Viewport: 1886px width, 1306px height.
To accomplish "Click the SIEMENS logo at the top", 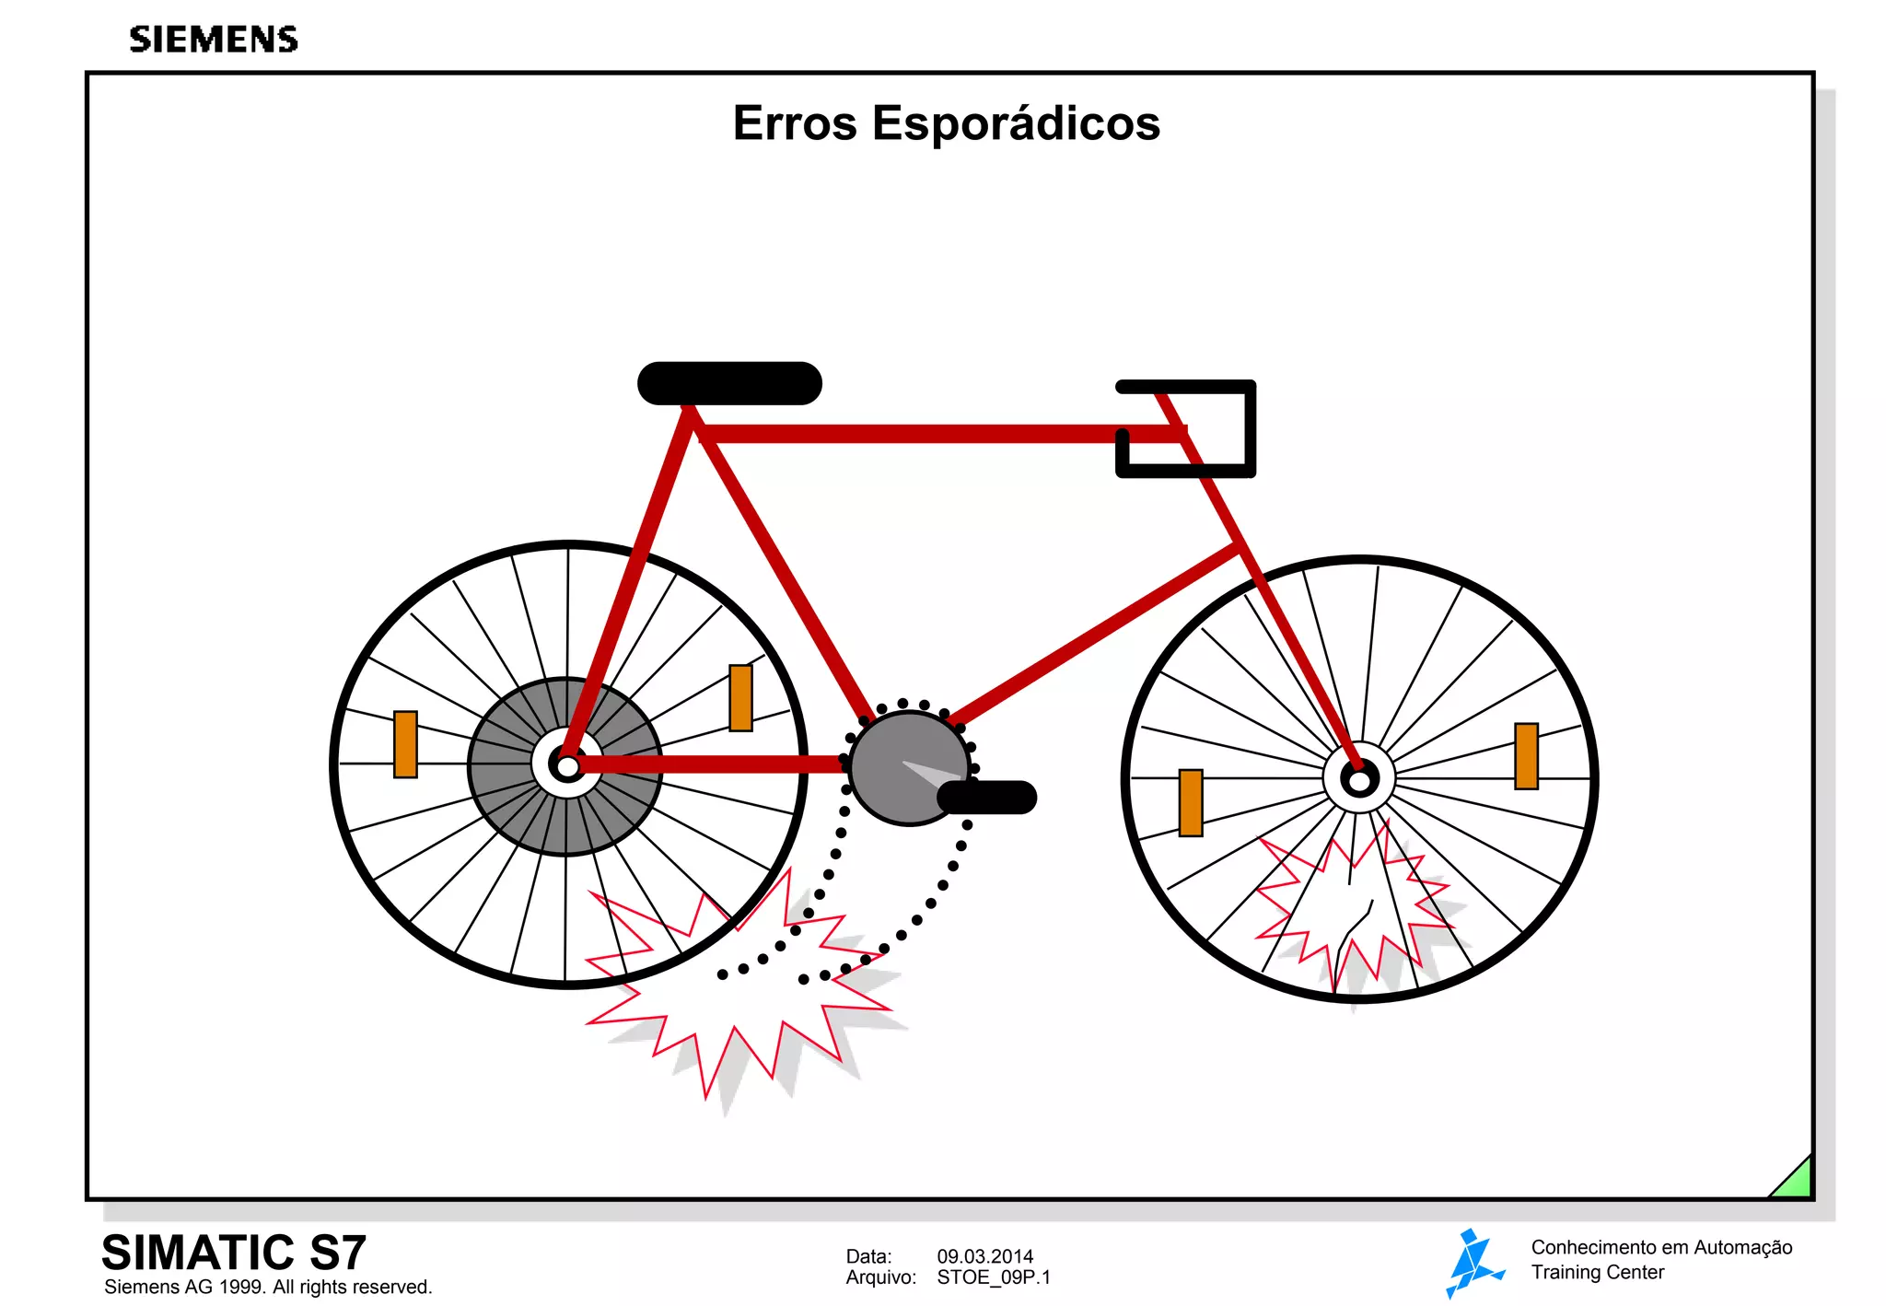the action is click(214, 40).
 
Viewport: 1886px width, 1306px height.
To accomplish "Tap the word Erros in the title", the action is click(795, 123).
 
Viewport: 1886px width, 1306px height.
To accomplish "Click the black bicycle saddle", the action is click(729, 383).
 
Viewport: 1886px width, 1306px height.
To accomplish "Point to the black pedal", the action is click(987, 798).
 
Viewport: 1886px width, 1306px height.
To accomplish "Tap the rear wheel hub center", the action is click(567, 765).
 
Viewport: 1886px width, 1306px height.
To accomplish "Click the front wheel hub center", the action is click(1359, 780).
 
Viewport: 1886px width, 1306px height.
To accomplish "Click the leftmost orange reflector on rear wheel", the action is click(405, 744).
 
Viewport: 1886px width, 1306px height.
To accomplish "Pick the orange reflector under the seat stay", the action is click(740, 698).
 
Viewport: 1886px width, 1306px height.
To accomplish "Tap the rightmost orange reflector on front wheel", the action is click(1526, 756).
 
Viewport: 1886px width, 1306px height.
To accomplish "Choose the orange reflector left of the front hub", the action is click(1191, 803).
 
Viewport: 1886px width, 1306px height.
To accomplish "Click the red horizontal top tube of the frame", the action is click(921, 434).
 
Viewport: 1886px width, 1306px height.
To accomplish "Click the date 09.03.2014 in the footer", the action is click(984, 1256).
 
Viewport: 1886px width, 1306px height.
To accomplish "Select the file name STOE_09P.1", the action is click(993, 1277).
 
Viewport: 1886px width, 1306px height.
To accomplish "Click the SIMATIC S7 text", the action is click(234, 1253).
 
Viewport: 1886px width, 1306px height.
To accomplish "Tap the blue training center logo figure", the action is click(1473, 1262).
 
